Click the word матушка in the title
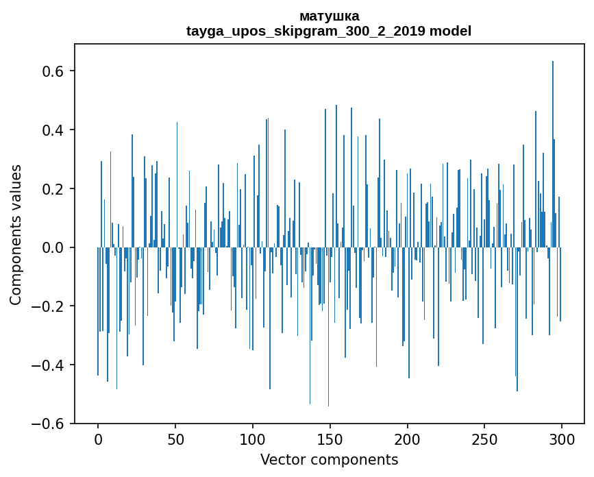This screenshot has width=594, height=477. pos(329,16)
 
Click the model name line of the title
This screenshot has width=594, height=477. pos(329,31)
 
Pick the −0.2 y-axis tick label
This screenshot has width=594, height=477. pos(49,306)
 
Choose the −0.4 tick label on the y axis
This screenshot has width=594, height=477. pos(49,365)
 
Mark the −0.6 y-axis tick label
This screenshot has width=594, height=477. pos(49,424)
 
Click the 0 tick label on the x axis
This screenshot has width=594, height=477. pos(98,439)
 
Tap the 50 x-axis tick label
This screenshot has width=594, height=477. pos(175,439)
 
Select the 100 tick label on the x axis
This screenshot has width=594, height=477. pos(253,439)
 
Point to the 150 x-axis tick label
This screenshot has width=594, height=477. pos(330,439)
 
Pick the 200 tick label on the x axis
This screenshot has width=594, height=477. pos(408,439)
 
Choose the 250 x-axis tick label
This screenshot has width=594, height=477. pos(485,439)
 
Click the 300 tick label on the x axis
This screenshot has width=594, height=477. pos(562,439)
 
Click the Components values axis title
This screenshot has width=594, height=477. pos(16,234)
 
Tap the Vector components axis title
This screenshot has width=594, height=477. pos(329,459)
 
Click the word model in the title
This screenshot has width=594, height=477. pos(450,31)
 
